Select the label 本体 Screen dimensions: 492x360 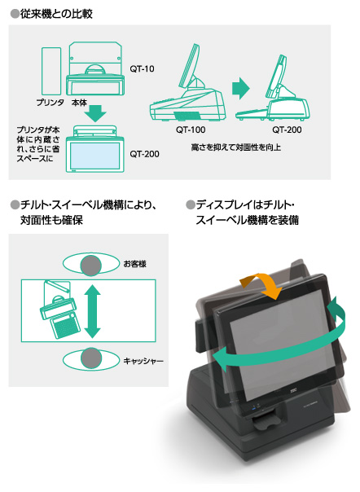coord(79,103)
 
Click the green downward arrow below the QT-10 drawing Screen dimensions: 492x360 coord(95,112)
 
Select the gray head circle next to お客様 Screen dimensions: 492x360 coord(92,264)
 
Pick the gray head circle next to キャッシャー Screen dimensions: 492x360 coord(92,359)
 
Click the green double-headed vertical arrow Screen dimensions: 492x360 coord(92,311)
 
